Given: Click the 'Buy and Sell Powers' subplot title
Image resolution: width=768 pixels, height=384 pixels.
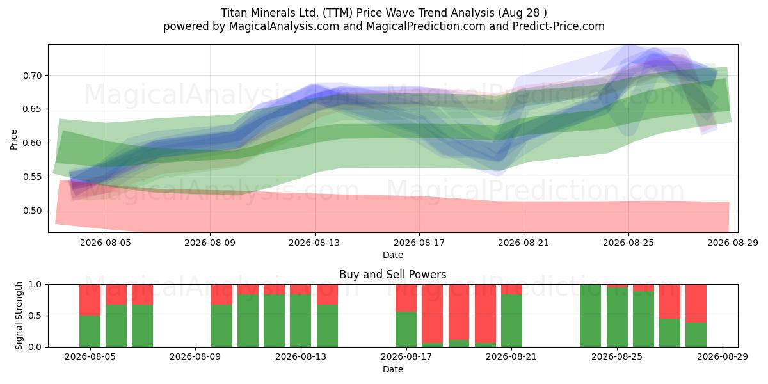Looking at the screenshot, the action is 392,275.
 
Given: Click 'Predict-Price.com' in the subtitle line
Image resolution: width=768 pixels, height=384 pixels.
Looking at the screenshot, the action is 559,26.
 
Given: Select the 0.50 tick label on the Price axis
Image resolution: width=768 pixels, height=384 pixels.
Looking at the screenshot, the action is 32,211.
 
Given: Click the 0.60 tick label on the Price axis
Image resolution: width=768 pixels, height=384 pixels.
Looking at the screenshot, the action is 32,143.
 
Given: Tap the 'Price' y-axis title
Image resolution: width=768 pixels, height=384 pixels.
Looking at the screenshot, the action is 13,140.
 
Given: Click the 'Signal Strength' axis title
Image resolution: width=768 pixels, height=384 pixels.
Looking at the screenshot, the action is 19,316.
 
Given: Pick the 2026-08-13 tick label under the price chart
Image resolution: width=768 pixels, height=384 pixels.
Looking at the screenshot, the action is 314,243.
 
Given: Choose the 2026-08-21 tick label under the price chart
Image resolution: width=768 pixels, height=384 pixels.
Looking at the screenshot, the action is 524,243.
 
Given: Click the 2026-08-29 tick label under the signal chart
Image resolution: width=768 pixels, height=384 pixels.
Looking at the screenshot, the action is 723,356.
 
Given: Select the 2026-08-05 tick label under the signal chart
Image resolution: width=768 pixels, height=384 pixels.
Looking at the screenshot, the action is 90,356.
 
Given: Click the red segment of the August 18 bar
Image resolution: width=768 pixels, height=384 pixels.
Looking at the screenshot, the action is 433,314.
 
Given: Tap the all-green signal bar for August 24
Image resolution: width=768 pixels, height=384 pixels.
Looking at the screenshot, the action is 590,316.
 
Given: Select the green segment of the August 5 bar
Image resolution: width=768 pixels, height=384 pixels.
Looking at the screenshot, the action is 90,332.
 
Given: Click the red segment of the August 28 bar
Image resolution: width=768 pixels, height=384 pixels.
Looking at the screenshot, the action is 696,303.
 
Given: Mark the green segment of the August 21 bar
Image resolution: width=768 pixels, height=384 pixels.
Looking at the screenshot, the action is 511,321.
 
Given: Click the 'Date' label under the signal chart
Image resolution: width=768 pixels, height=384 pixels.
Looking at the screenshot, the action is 392,369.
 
